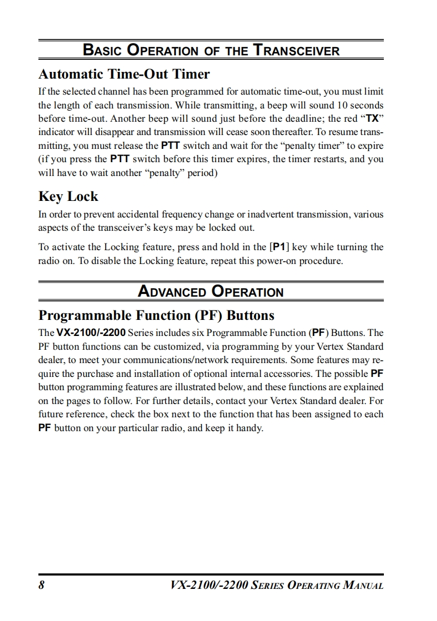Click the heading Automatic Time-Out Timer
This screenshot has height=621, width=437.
coord(124,74)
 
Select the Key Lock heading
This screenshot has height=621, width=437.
coord(68,196)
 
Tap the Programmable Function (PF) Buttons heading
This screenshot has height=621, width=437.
coord(156,315)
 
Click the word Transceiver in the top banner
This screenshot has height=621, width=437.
coord(296,51)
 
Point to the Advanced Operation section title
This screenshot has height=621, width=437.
coord(210,292)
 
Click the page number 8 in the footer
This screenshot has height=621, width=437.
coord(41,586)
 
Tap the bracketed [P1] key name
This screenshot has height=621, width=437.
coord(279,247)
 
